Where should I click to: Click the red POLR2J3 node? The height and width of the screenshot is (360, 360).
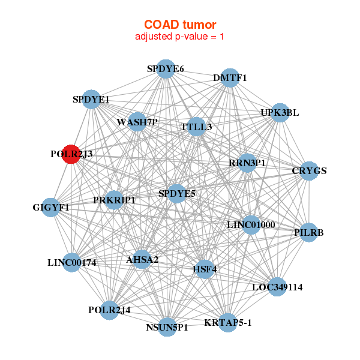71,154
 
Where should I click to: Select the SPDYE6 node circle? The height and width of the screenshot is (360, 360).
166,69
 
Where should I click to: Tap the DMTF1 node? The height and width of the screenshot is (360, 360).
230,79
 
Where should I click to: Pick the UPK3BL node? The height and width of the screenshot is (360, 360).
280,113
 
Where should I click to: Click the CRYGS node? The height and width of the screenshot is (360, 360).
309,171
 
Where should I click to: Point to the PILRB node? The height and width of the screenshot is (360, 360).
308,232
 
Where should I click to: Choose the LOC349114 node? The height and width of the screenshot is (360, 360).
277,287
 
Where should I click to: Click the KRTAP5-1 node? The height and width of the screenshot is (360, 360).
228,323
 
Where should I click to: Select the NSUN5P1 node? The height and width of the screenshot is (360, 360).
167,327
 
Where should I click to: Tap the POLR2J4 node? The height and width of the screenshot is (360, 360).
109,310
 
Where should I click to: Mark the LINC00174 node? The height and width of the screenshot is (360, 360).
72,262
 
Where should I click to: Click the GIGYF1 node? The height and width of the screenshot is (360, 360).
52,208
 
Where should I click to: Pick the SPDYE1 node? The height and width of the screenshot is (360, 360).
91,99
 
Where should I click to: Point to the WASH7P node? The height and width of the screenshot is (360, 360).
137,122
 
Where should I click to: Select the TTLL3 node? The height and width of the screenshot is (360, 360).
196,127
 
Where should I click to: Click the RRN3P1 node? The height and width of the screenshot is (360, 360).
247,163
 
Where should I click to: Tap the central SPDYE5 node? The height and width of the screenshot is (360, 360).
177,193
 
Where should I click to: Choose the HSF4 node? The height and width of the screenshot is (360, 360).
204,269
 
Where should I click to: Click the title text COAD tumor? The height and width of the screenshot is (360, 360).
180,25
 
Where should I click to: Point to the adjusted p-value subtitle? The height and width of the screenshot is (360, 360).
180,37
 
